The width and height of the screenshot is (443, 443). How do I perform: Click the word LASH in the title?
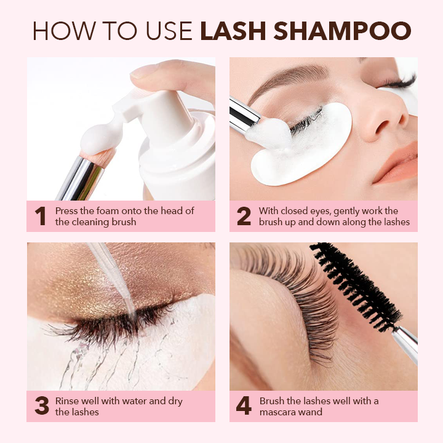pyautogui.click(x=233, y=31)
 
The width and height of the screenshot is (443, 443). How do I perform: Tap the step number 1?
pyautogui.click(x=41, y=216)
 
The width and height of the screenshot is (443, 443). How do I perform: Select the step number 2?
pyautogui.click(x=244, y=216)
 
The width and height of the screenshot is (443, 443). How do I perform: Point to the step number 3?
pyautogui.click(x=42, y=406)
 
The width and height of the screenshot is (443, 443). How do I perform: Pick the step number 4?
pyautogui.click(x=244, y=406)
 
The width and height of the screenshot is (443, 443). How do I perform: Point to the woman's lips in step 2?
pyautogui.click(x=397, y=164)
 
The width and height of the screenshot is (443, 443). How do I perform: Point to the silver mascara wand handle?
pyautogui.click(x=405, y=344)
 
